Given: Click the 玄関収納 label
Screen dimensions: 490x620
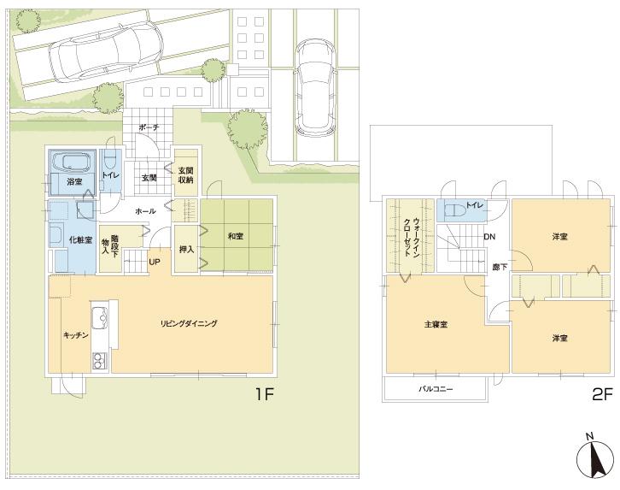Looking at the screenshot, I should [185, 174].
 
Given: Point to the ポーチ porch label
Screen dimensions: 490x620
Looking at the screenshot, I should [150, 127].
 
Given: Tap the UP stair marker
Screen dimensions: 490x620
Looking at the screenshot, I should [155, 262].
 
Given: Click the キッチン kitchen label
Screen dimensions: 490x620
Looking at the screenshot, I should [76, 336].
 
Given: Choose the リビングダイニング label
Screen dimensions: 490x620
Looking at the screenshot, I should [190, 323].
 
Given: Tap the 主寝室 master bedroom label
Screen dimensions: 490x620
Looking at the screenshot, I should [436, 325].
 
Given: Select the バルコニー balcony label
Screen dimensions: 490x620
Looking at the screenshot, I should [435, 389].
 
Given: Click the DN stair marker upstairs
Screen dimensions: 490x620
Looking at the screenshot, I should [489, 237].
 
